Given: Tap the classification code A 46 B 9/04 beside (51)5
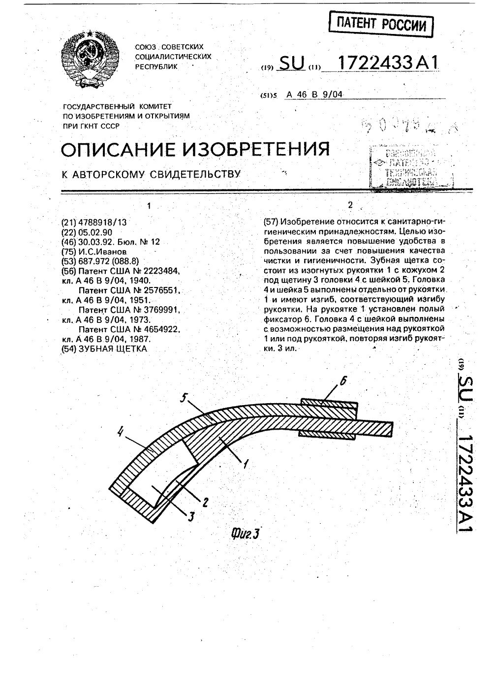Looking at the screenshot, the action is [313, 94].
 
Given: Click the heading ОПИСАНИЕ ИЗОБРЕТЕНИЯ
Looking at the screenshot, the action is [195, 148].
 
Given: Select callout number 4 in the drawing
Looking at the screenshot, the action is [119, 433].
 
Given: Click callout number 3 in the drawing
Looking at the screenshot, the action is [190, 516].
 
